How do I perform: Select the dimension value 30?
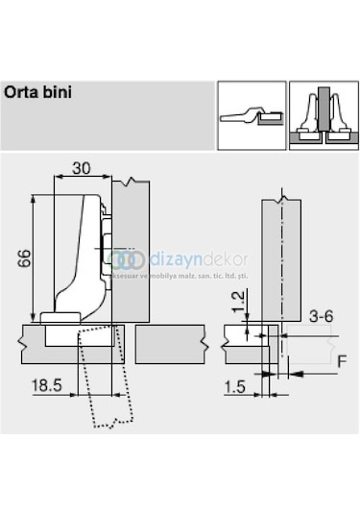point(81,167)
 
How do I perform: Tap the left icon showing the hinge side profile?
point(250,113)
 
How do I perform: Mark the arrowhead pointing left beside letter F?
point(298,373)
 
